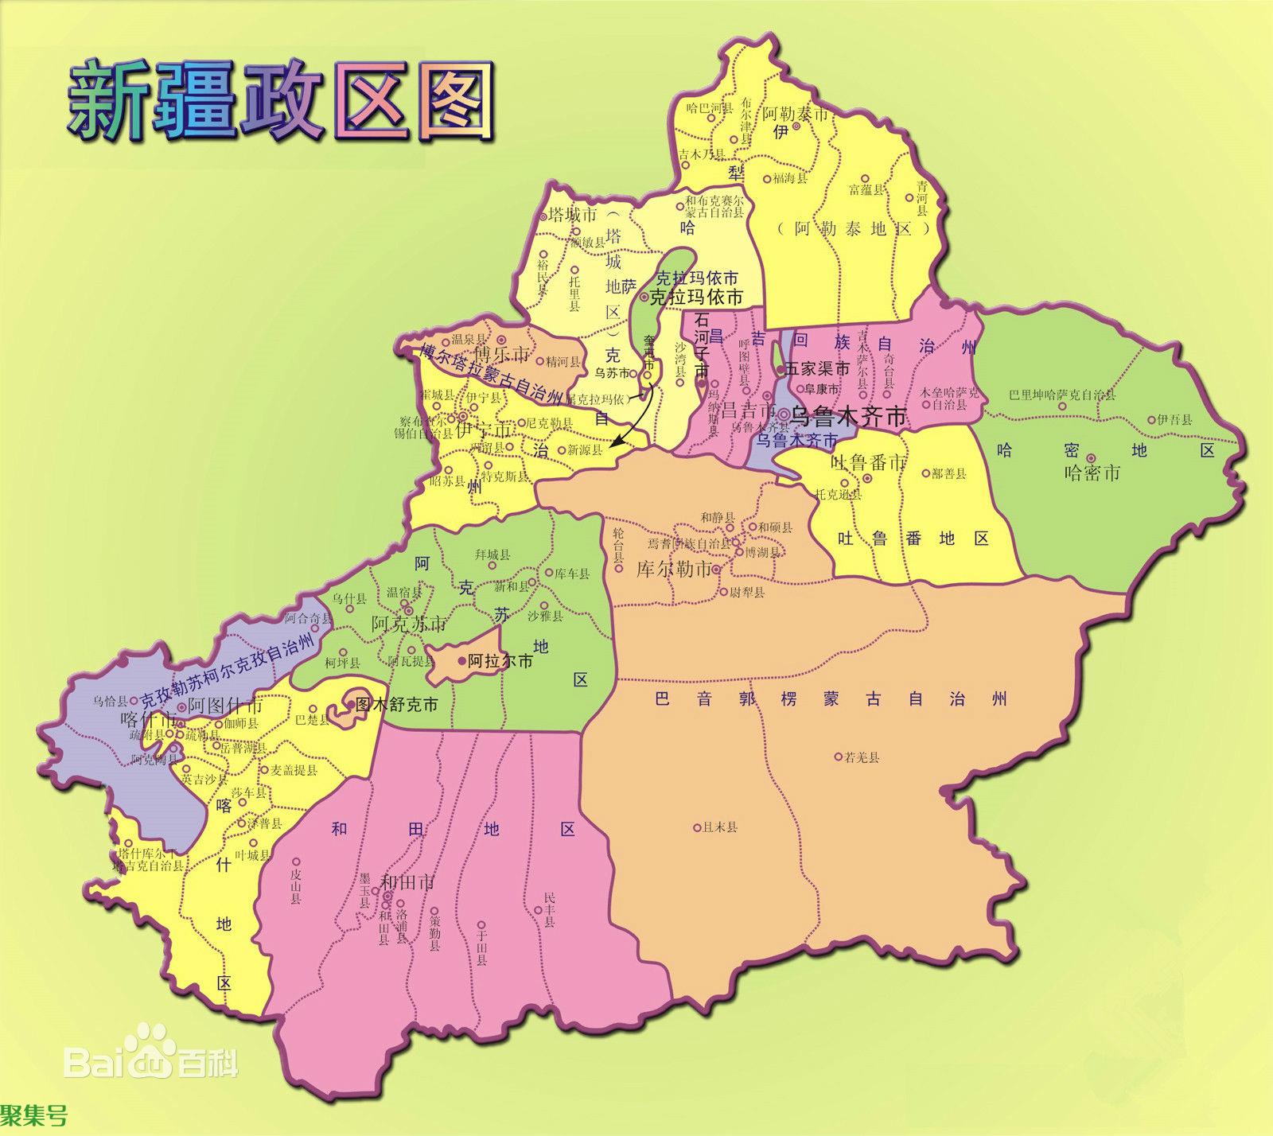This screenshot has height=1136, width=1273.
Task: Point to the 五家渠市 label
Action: [x=817, y=369]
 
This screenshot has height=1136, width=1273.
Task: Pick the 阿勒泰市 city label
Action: [x=796, y=114]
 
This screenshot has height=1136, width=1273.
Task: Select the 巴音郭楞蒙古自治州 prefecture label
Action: [x=831, y=699]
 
